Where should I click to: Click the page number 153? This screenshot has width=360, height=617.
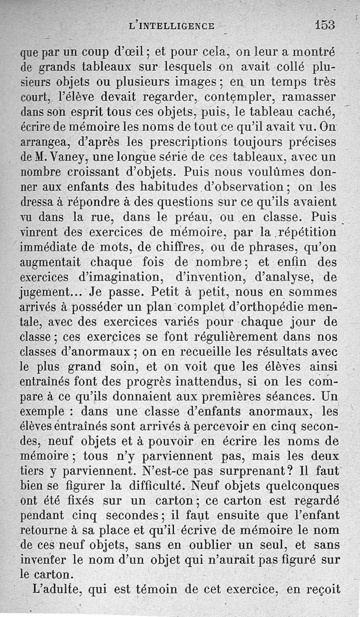coord(325,25)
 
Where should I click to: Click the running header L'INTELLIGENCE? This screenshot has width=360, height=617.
coord(171,26)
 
